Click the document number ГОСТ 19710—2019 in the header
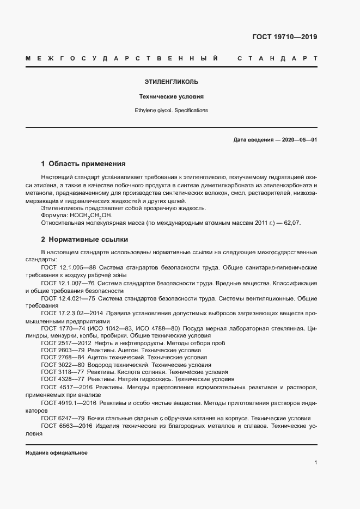[x=284, y=38]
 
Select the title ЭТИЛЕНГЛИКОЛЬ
[x=171, y=82]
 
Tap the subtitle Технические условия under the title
[x=171, y=96]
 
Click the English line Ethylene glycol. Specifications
[x=171, y=110]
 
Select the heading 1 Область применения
[x=83, y=163]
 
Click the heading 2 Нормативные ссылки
[x=84, y=239]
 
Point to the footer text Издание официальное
[x=56, y=453]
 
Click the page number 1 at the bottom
[x=315, y=462]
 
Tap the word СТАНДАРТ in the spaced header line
[x=278, y=58]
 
